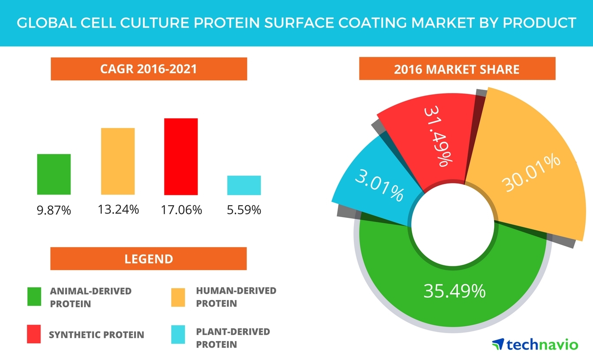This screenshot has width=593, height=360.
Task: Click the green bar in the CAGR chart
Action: click(54, 174)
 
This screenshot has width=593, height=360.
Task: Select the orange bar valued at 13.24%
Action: click(118, 161)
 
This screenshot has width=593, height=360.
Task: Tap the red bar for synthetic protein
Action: click(181, 156)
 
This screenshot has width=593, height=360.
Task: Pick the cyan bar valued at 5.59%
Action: click(244, 185)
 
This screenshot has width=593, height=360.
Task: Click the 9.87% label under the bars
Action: click(54, 210)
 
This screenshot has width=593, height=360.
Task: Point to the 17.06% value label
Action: click(181, 210)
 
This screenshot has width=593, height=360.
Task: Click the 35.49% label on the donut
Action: click(454, 291)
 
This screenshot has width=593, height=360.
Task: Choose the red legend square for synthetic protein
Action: click(34, 334)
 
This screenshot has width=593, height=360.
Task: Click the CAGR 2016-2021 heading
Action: click(149, 69)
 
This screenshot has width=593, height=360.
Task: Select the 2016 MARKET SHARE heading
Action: click(457, 69)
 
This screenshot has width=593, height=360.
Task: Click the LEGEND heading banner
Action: click(149, 259)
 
